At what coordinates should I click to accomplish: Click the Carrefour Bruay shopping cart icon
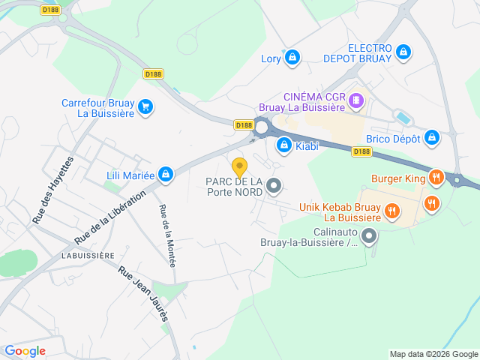(145, 107)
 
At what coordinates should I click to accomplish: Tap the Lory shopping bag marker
(292, 57)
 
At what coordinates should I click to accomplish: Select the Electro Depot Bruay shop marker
(403, 51)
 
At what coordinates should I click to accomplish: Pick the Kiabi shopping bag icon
(284, 145)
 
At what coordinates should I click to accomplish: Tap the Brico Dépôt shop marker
(431, 138)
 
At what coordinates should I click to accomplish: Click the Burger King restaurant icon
(436, 178)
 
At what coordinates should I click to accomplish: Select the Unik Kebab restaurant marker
(391, 212)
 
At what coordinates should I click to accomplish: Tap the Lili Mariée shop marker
(166, 175)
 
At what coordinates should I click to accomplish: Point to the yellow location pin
(239, 166)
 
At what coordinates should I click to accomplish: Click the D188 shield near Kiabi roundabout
(243, 125)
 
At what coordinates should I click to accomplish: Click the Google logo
(25, 351)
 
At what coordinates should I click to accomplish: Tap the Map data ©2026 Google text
(433, 354)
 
